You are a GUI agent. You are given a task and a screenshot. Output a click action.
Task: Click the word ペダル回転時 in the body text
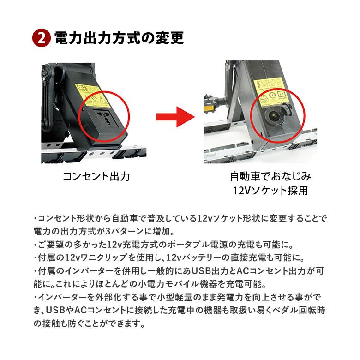click(x=294, y=311)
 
